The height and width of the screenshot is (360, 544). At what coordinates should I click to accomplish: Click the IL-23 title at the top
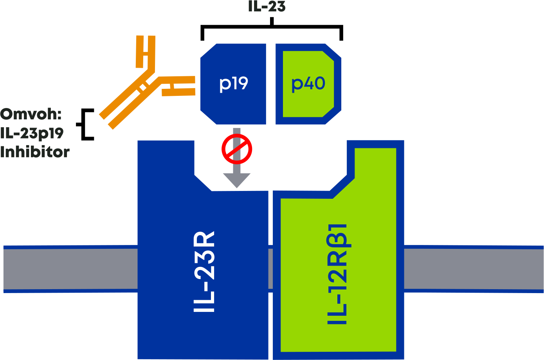coord(267,7)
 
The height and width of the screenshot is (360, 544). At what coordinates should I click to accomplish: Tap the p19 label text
coord(234,83)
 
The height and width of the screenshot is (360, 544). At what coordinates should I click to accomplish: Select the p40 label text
coord(308,83)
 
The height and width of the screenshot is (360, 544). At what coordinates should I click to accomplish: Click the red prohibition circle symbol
coord(237,149)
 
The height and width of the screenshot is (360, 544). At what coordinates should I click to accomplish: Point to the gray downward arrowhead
coord(237,180)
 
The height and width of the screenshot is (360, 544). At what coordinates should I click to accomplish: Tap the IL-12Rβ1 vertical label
coord(337,274)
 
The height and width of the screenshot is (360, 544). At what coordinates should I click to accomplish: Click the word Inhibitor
coord(35,152)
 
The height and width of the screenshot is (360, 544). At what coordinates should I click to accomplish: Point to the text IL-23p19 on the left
coord(32,133)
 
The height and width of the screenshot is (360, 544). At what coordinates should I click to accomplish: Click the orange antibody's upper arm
coord(146,53)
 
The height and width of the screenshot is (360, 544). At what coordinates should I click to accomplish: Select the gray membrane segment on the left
coord(70,269)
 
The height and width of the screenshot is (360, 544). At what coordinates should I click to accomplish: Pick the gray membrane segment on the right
coord(474,269)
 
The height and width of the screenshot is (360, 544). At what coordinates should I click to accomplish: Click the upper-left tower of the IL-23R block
coord(166,164)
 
